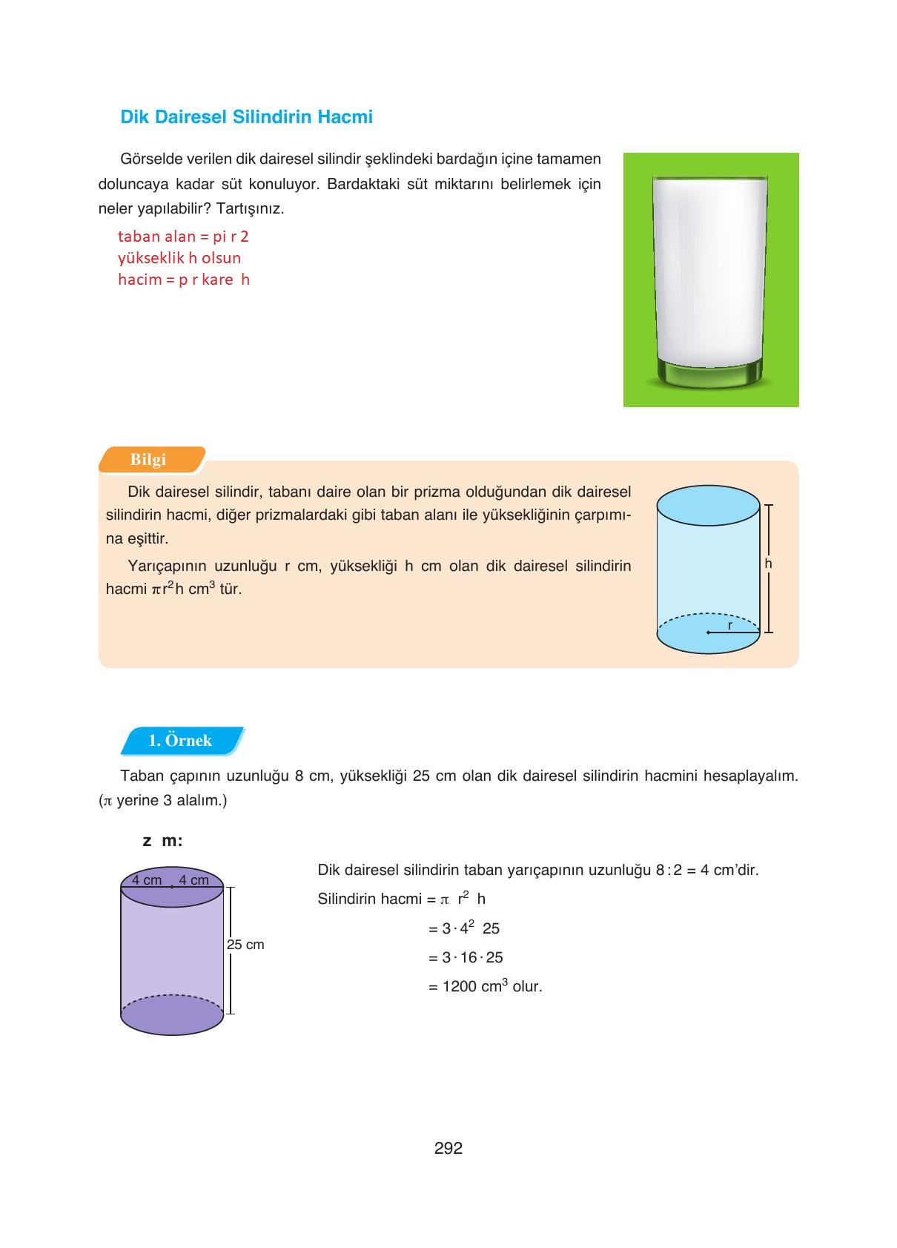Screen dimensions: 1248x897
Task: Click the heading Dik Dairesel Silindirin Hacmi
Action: (x=246, y=117)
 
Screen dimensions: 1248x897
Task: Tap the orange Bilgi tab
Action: (x=149, y=459)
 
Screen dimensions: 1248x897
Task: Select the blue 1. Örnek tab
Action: (x=180, y=740)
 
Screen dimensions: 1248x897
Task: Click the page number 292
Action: (x=448, y=1148)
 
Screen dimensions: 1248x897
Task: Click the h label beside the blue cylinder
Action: (x=768, y=564)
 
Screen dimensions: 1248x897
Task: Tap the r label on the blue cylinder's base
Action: (x=730, y=626)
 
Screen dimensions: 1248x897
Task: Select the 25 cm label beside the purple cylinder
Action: (x=245, y=945)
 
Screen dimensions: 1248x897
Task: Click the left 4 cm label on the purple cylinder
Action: (x=147, y=880)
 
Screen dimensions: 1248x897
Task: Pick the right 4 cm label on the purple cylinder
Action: (x=194, y=880)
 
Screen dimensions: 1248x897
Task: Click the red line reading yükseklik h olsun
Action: (x=179, y=258)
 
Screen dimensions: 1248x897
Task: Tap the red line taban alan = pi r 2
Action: (x=183, y=237)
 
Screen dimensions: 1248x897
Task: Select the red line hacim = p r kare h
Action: (x=184, y=280)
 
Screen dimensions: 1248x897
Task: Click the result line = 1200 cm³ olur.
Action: (x=485, y=986)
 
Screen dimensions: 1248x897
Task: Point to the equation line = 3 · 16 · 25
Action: (x=466, y=957)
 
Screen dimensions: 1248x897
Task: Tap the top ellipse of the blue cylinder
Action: (x=708, y=506)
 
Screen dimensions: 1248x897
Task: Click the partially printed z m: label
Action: (x=162, y=841)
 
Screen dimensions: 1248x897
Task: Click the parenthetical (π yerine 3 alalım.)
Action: (x=162, y=801)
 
